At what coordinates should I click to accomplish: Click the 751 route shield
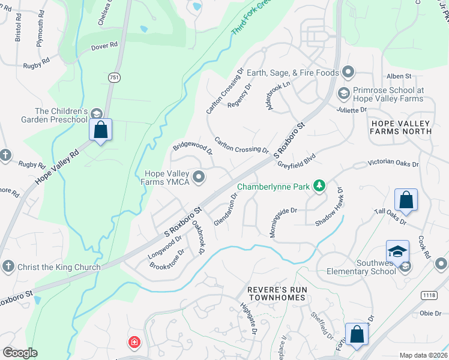pos(114,78)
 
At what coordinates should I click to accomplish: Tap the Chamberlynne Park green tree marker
pos(320,186)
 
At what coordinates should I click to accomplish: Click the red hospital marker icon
pos(134,343)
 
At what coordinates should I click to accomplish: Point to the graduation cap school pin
pos(397,252)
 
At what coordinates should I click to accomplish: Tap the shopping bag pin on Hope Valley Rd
pos(100,130)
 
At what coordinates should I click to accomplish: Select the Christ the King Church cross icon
pos(7,266)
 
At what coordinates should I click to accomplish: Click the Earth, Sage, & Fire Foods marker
pos(348,73)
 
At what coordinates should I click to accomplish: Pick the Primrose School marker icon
pos(343,93)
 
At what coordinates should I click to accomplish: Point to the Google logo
pos(20,352)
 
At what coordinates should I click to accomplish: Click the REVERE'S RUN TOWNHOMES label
pos(277,293)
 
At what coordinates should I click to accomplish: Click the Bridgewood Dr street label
pos(193,148)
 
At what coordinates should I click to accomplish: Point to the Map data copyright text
pos(423,355)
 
